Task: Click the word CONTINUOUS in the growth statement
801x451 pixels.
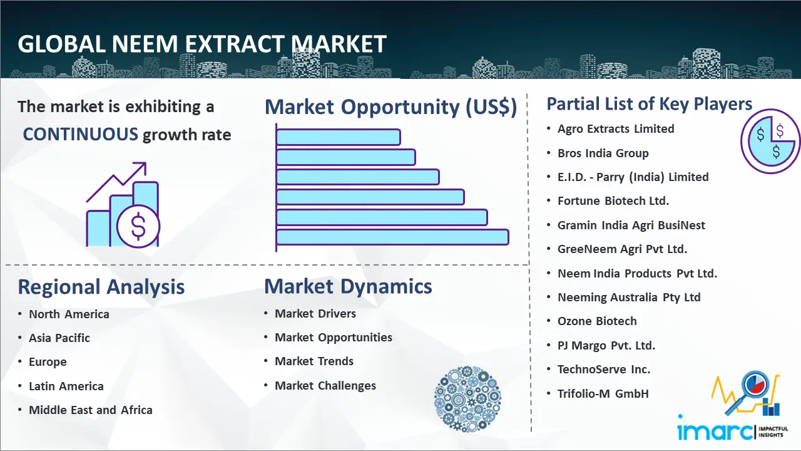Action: coord(81,135)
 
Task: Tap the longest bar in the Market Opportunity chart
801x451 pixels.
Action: coord(392,237)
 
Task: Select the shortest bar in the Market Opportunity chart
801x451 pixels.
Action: coord(338,137)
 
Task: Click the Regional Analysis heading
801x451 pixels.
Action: coord(101,287)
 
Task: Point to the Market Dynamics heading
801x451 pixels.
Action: coord(348,286)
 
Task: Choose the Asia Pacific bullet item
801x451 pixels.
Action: coord(59,338)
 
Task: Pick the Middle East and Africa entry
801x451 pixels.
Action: coord(91,410)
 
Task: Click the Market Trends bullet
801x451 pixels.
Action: coord(314,361)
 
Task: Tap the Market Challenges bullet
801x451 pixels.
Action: coord(325,385)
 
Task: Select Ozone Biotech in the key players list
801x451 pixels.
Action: coord(597,321)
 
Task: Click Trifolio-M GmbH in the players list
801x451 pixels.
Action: coord(603,394)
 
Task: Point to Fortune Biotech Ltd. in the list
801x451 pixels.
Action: coord(613,201)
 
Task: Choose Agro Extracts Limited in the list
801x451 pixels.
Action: coord(616,129)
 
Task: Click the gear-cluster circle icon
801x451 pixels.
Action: coord(467,399)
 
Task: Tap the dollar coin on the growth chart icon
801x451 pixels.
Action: coord(138,227)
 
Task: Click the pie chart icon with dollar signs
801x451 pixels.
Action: coord(770,142)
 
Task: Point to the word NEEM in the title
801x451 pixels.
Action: coord(145,44)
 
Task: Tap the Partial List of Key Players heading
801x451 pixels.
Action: coord(650,104)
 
